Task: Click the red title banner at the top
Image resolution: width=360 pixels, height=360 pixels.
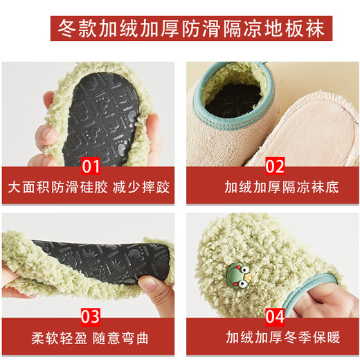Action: click(191, 28)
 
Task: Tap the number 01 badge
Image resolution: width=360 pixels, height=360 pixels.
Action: click(91, 166)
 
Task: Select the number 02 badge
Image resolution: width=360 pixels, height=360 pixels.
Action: click(275, 166)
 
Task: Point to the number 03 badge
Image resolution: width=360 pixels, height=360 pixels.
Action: click(91, 317)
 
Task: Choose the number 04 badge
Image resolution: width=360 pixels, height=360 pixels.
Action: click(275, 317)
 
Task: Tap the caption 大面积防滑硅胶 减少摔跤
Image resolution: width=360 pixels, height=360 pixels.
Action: click(89, 188)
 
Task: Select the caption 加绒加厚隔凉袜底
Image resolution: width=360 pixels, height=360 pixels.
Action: click(282, 188)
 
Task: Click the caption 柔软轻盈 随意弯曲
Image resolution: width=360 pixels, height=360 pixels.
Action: click(89, 339)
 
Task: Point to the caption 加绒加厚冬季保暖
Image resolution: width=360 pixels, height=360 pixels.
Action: click(283, 337)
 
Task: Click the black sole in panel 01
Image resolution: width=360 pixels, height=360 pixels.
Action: click(102, 118)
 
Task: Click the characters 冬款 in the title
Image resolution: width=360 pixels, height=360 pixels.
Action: click(77, 28)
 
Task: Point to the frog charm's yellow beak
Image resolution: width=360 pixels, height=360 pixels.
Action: click(249, 276)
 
